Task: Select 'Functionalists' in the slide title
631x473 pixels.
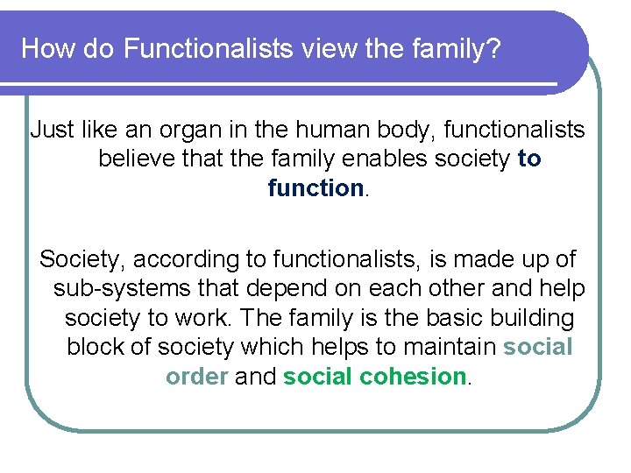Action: tap(208, 48)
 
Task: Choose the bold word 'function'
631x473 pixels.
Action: tap(315, 188)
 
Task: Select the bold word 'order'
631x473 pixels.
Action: tap(196, 377)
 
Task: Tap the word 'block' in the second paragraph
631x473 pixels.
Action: tap(95, 347)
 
